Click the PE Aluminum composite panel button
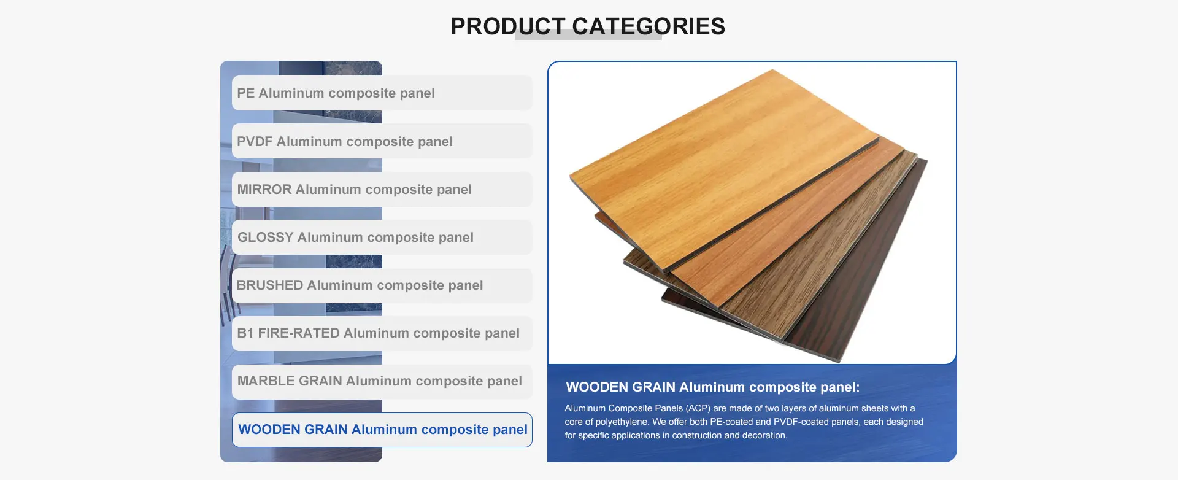click(x=382, y=93)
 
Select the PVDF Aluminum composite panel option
click(x=382, y=141)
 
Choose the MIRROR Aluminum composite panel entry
click(x=382, y=189)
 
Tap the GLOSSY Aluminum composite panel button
click(x=382, y=237)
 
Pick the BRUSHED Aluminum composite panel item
click(x=382, y=285)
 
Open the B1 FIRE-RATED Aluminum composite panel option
click(x=382, y=333)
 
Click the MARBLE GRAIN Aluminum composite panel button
click(x=382, y=381)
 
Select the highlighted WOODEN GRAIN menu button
click(x=382, y=430)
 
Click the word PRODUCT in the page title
click(x=508, y=26)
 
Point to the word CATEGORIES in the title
click(x=649, y=26)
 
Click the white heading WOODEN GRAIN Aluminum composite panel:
click(x=713, y=387)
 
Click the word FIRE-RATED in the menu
click(x=299, y=333)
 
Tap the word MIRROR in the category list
click(x=264, y=189)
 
